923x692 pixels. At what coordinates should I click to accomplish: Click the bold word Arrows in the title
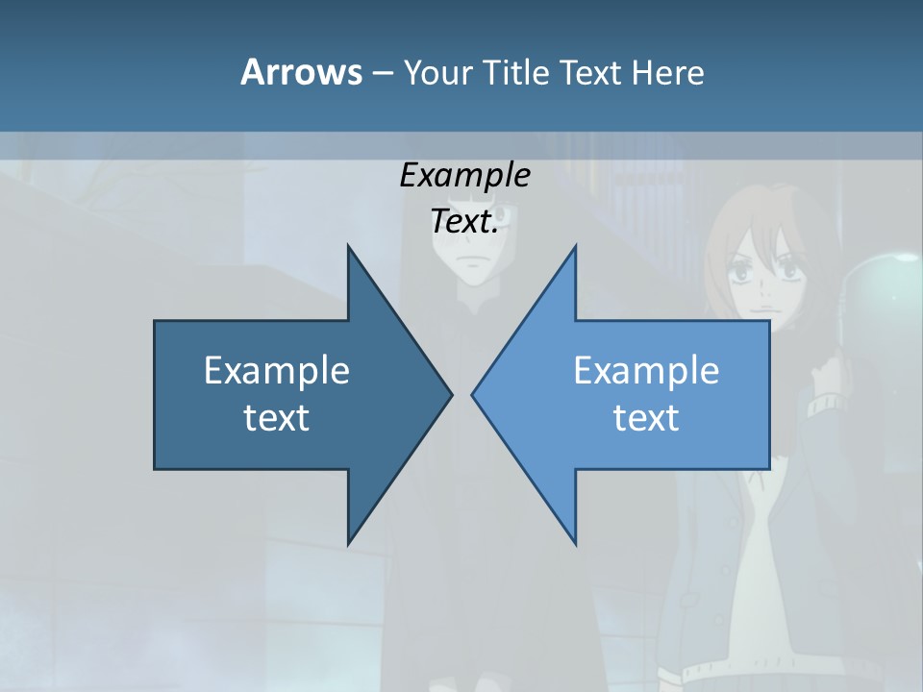tap(300, 72)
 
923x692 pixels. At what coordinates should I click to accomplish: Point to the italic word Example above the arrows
tap(464, 176)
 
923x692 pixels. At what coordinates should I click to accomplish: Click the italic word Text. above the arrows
tap(464, 222)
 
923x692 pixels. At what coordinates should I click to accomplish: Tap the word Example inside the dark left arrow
tap(277, 370)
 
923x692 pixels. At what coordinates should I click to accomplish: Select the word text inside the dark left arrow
tap(277, 418)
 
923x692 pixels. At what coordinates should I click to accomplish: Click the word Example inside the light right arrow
tap(646, 370)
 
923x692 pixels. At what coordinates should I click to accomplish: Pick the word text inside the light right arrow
tap(646, 418)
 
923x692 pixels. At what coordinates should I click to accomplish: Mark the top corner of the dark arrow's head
tap(348, 247)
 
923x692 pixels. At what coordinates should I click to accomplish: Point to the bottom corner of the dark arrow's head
tap(348, 543)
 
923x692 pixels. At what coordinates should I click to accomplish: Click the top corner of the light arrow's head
tap(575, 247)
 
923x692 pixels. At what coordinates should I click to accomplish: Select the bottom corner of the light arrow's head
tap(575, 543)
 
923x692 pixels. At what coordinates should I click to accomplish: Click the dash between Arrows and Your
tap(382, 73)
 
